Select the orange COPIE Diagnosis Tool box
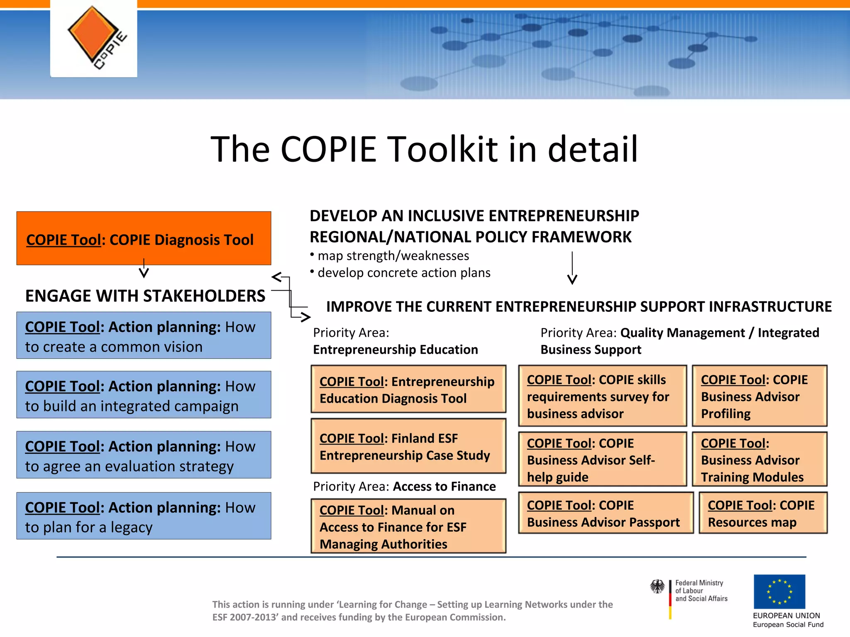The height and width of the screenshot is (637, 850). [144, 238]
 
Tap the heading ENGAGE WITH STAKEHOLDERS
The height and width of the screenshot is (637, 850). [145, 296]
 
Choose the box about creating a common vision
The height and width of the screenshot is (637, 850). [144, 336]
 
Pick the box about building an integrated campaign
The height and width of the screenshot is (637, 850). [144, 395]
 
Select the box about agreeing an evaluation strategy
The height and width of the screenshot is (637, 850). [144, 455]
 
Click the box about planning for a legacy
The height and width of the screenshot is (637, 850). [144, 516]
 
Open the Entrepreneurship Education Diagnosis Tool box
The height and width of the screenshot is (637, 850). [408, 389]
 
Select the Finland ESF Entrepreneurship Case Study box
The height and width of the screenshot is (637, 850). [408, 446]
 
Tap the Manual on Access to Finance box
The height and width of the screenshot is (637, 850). [408, 526]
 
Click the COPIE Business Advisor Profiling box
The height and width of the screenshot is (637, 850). [760, 396]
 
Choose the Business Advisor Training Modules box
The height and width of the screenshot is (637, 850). [760, 460]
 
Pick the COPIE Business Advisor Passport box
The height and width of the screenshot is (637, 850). [606, 513]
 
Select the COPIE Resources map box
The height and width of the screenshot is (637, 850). [763, 513]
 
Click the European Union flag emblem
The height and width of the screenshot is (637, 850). [779, 592]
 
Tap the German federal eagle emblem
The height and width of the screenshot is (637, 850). [657, 586]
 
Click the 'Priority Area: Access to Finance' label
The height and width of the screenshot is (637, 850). [404, 486]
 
